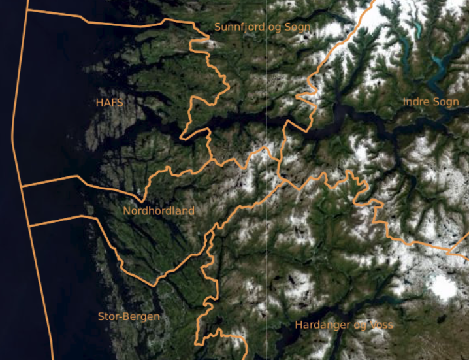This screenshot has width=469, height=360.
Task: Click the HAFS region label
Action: [109, 103]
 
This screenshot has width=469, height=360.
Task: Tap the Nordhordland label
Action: [159, 211]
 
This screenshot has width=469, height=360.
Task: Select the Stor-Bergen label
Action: [129, 317]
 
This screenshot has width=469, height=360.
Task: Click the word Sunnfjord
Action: [239, 27]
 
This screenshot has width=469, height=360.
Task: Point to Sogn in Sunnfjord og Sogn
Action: [297, 27]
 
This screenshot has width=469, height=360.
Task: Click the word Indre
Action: [416, 102]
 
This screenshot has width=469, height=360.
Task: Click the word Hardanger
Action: [320, 325]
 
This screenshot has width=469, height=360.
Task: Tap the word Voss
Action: [382, 325]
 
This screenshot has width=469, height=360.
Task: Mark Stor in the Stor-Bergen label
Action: [108, 317]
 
